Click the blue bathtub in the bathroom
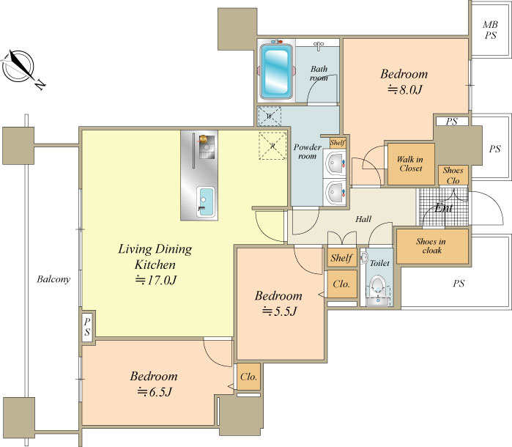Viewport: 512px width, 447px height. click(276, 71)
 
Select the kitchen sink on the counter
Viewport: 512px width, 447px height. click(206, 202)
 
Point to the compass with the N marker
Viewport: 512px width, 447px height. click(21, 69)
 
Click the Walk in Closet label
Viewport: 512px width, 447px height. click(410, 163)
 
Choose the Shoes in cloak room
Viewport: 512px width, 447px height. click(432, 246)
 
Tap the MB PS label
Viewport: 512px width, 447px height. click(491, 30)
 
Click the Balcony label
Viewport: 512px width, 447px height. click(53, 279)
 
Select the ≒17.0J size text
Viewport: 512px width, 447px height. click(156, 280)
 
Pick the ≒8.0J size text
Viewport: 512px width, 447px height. click(404, 89)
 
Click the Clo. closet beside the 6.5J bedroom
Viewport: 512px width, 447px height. click(248, 377)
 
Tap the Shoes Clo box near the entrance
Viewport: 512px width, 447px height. click(453, 175)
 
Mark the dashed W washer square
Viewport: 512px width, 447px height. click(270, 116)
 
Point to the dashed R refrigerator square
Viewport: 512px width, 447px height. click(272, 146)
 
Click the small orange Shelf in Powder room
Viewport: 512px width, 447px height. click(337, 143)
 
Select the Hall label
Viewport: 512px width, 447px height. click(363, 219)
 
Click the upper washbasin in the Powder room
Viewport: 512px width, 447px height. click(335, 163)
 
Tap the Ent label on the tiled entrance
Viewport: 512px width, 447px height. click(443, 208)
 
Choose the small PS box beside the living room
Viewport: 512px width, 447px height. click(87, 326)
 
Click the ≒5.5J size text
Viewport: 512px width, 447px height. click(279, 311)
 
